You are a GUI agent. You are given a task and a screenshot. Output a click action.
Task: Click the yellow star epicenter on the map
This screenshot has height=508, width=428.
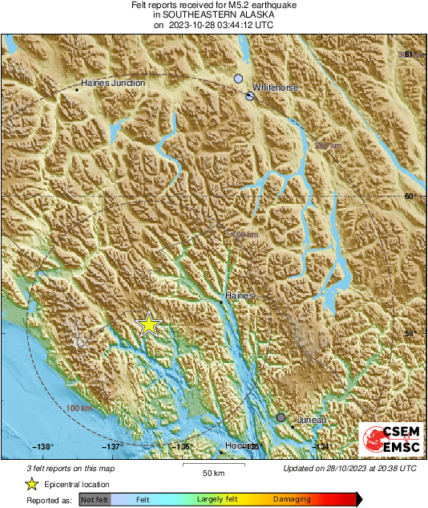[x=148, y=324]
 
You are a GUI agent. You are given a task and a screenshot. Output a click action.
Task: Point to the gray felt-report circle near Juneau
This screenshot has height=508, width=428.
[x=281, y=417]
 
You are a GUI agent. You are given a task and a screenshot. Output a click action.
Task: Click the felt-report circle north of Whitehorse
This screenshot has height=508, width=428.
[x=238, y=79]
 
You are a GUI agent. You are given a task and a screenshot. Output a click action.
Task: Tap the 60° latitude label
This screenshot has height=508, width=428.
[x=410, y=196]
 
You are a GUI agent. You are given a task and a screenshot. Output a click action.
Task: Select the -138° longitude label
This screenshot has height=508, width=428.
[x=42, y=447]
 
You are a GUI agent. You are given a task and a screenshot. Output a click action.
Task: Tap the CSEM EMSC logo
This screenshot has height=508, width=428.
[x=391, y=441]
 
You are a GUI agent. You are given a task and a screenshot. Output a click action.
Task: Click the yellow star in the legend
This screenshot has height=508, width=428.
[x=31, y=484]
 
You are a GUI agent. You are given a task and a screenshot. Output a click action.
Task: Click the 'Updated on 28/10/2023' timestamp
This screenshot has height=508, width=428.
[x=349, y=468]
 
